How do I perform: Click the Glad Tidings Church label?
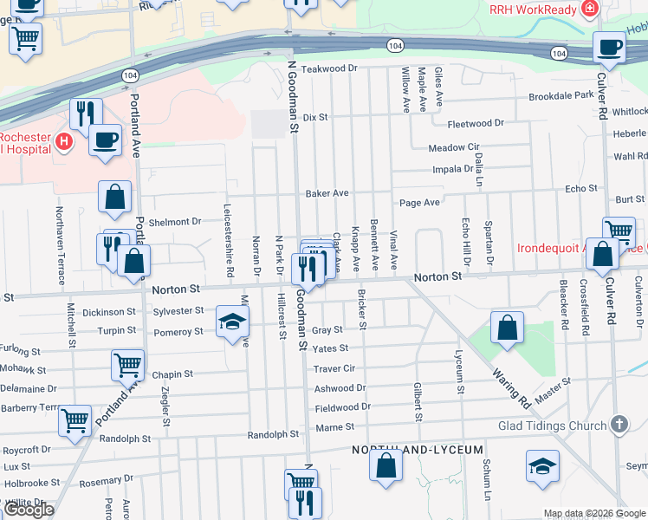tap(551, 426)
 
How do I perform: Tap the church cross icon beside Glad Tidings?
tap(618, 424)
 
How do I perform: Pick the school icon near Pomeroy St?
tap(231, 322)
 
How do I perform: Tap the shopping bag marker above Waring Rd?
tap(507, 328)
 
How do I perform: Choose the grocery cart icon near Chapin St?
tap(127, 365)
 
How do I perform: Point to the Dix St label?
tap(316, 116)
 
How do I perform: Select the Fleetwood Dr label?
tap(476, 123)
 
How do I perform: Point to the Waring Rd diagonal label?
tap(511, 387)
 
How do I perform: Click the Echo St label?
tap(580, 188)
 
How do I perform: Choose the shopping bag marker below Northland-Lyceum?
tap(386, 465)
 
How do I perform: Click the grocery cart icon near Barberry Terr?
tap(75, 420)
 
